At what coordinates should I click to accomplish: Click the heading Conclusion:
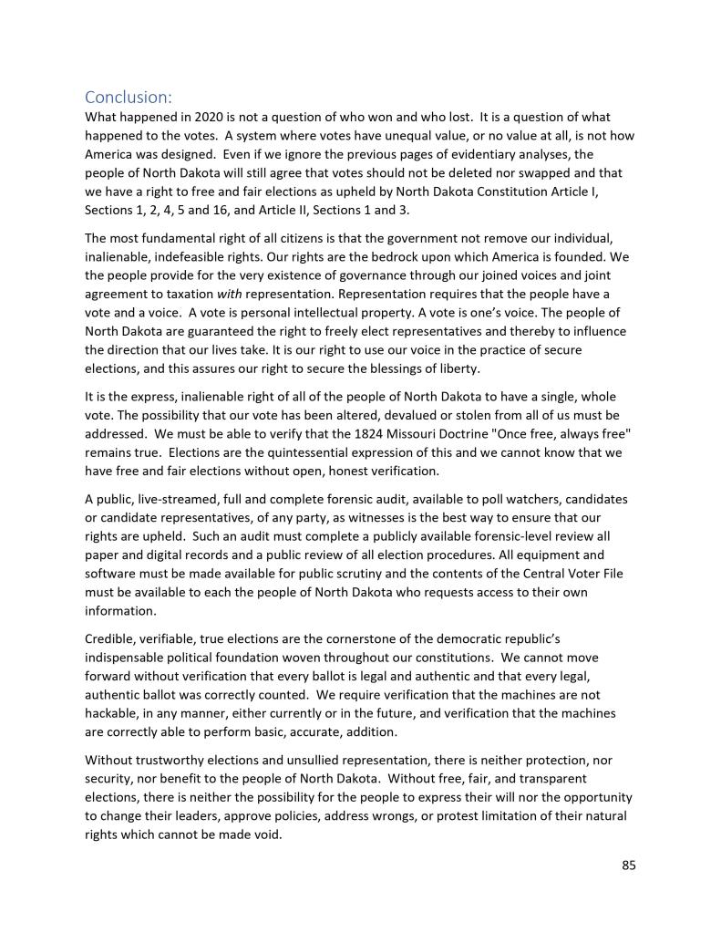click(128, 97)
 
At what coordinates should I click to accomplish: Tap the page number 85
click(628, 866)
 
